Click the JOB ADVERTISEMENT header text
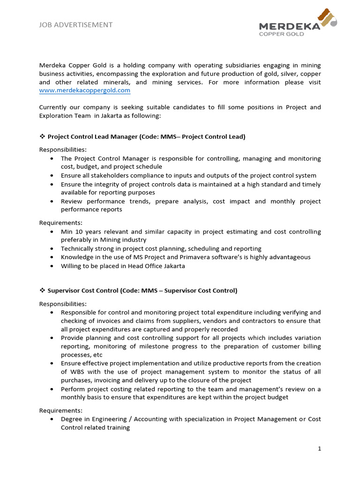76,25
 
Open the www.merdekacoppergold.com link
85,90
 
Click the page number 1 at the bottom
319,449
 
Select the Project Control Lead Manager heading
146,137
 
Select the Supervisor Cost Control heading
142,291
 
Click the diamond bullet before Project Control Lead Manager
42,137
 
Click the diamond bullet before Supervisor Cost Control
42,291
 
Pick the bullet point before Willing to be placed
51,266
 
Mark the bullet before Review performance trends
51,202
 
